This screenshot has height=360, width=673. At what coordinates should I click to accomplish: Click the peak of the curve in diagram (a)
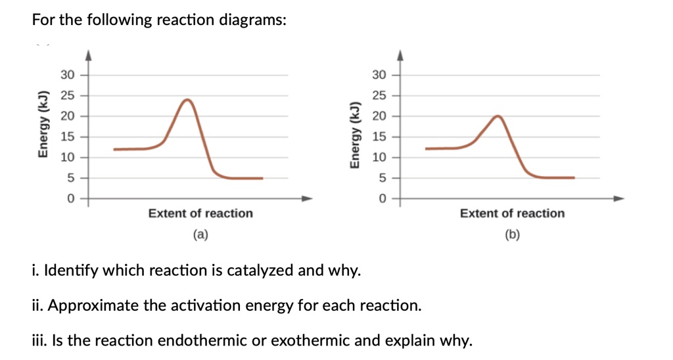[188, 101]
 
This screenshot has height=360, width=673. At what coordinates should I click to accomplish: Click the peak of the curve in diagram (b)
[498, 116]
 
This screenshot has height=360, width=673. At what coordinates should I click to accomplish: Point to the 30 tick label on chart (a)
[67, 75]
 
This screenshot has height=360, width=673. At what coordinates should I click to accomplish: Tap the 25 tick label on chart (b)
[379, 96]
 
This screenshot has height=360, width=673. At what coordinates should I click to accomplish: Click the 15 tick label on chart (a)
[67, 137]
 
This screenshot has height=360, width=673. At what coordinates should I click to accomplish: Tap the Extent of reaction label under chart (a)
[200, 214]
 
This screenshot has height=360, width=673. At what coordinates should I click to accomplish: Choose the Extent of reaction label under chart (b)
[512, 214]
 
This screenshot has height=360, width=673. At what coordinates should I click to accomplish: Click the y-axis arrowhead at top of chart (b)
[398, 55]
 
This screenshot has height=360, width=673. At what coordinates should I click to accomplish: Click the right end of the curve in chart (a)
[262, 178]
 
